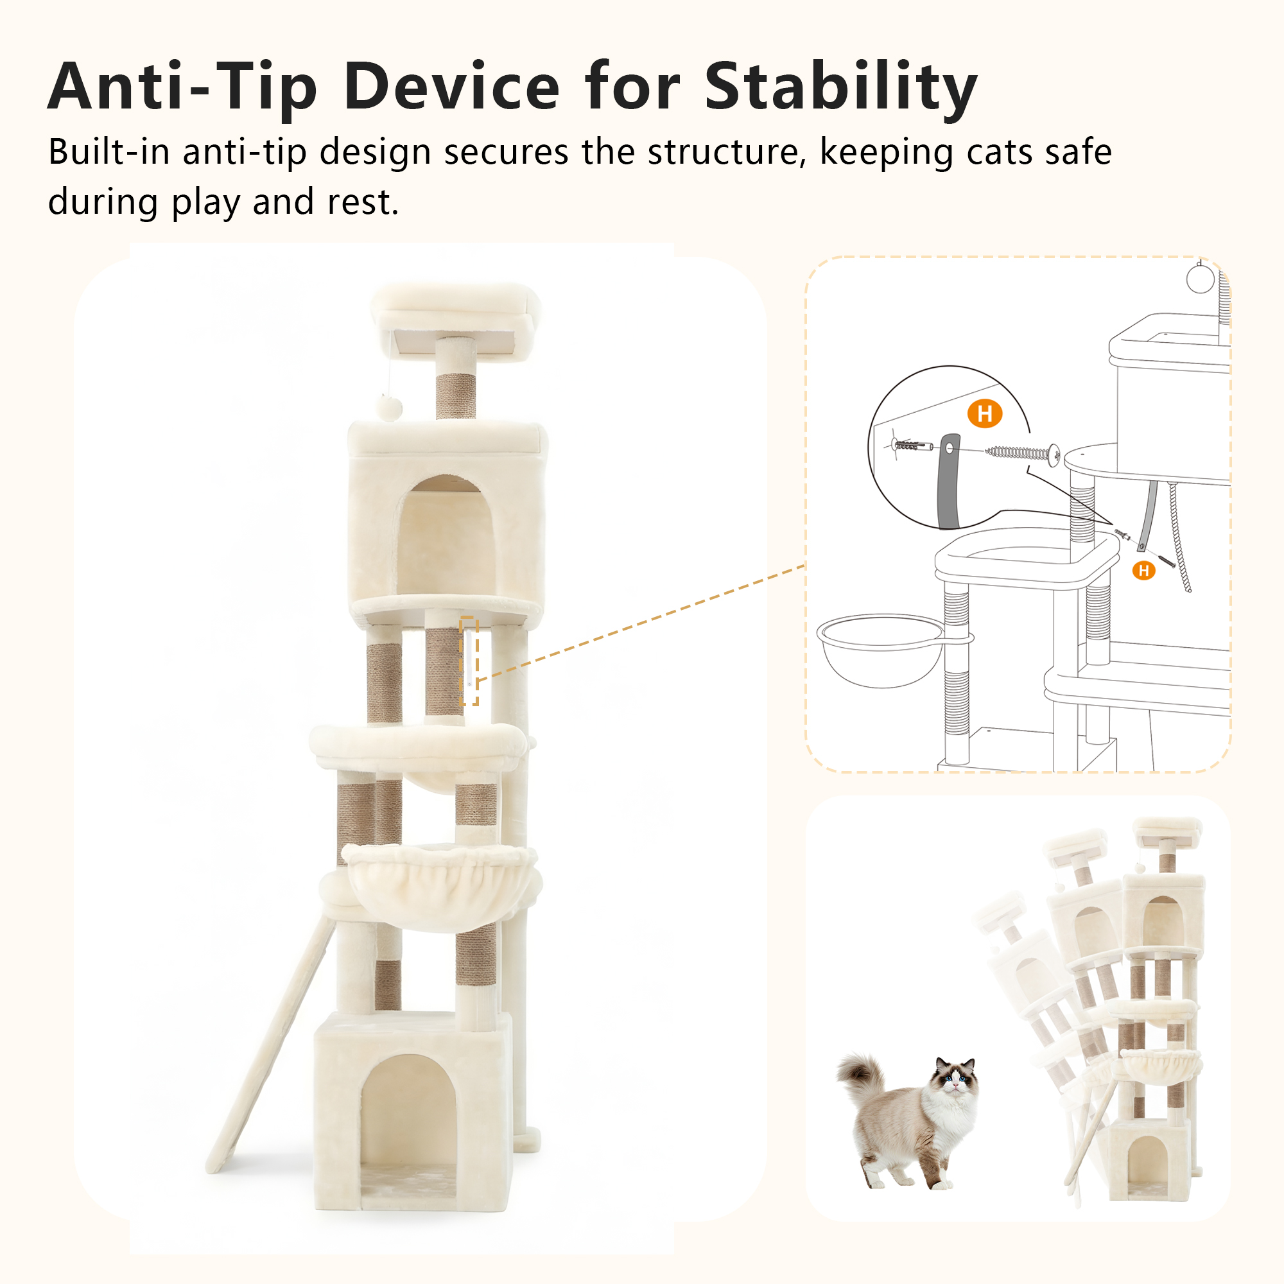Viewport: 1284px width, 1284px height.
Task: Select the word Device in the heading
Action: pyautogui.click(x=452, y=87)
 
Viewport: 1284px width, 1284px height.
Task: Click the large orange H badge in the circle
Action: pyautogui.click(x=984, y=413)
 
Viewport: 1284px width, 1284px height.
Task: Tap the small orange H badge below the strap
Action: pyautogui.click(x=1144, y=569)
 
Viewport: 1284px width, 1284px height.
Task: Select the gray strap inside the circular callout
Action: pyautogui.click(x=948, y=480)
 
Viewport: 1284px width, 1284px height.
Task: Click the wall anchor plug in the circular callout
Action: pyautogui.click(x=910, y=445)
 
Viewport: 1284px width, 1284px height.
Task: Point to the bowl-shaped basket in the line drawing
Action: pyautogui.click(x=881, y=650)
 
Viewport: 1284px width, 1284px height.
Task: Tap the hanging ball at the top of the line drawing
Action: pyautogui.click(x=1200, y=279)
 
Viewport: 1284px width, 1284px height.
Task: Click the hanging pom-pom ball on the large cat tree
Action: pyautogui.click(x=389, y=407)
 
